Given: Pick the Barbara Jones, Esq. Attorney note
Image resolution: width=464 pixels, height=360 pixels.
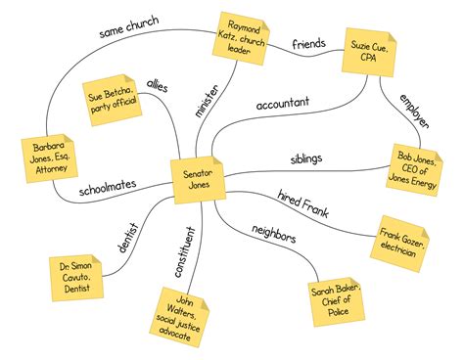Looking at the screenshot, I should click(45, 160).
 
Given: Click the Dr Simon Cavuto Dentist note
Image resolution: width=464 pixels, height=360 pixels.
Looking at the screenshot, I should click(73, 278).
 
